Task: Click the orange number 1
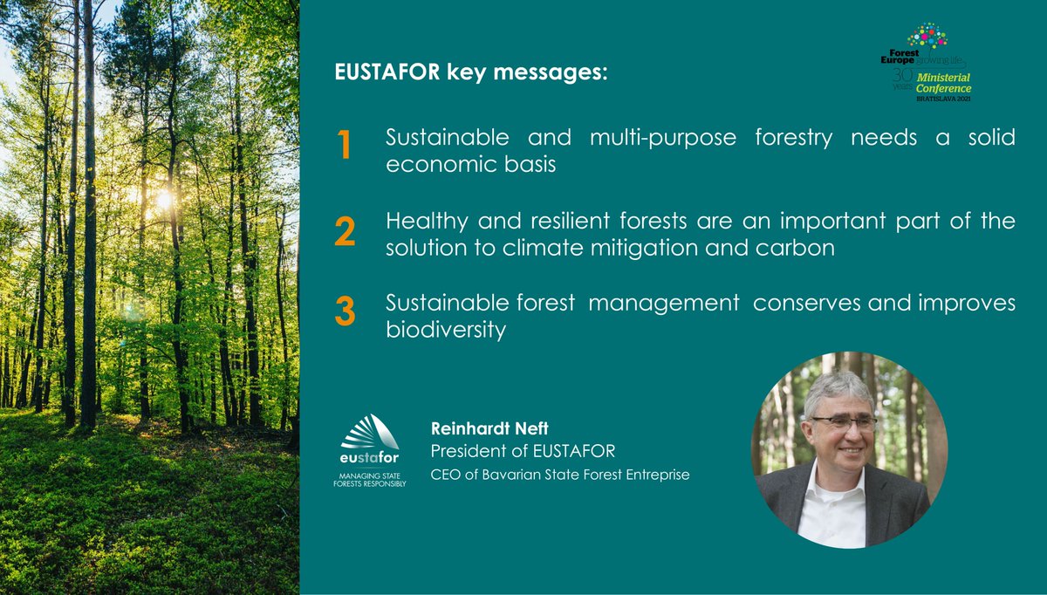(344, 147)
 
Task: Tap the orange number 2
(345, 231)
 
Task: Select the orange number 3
(345, 312)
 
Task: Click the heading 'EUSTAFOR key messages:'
(470, 72)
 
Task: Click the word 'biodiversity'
(445, 332)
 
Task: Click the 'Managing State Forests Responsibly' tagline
(370, 479)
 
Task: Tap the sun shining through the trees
(163, 199)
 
